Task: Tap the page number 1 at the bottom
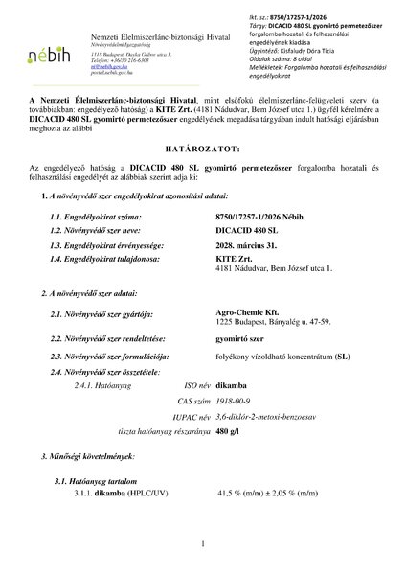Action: (204, 544)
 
